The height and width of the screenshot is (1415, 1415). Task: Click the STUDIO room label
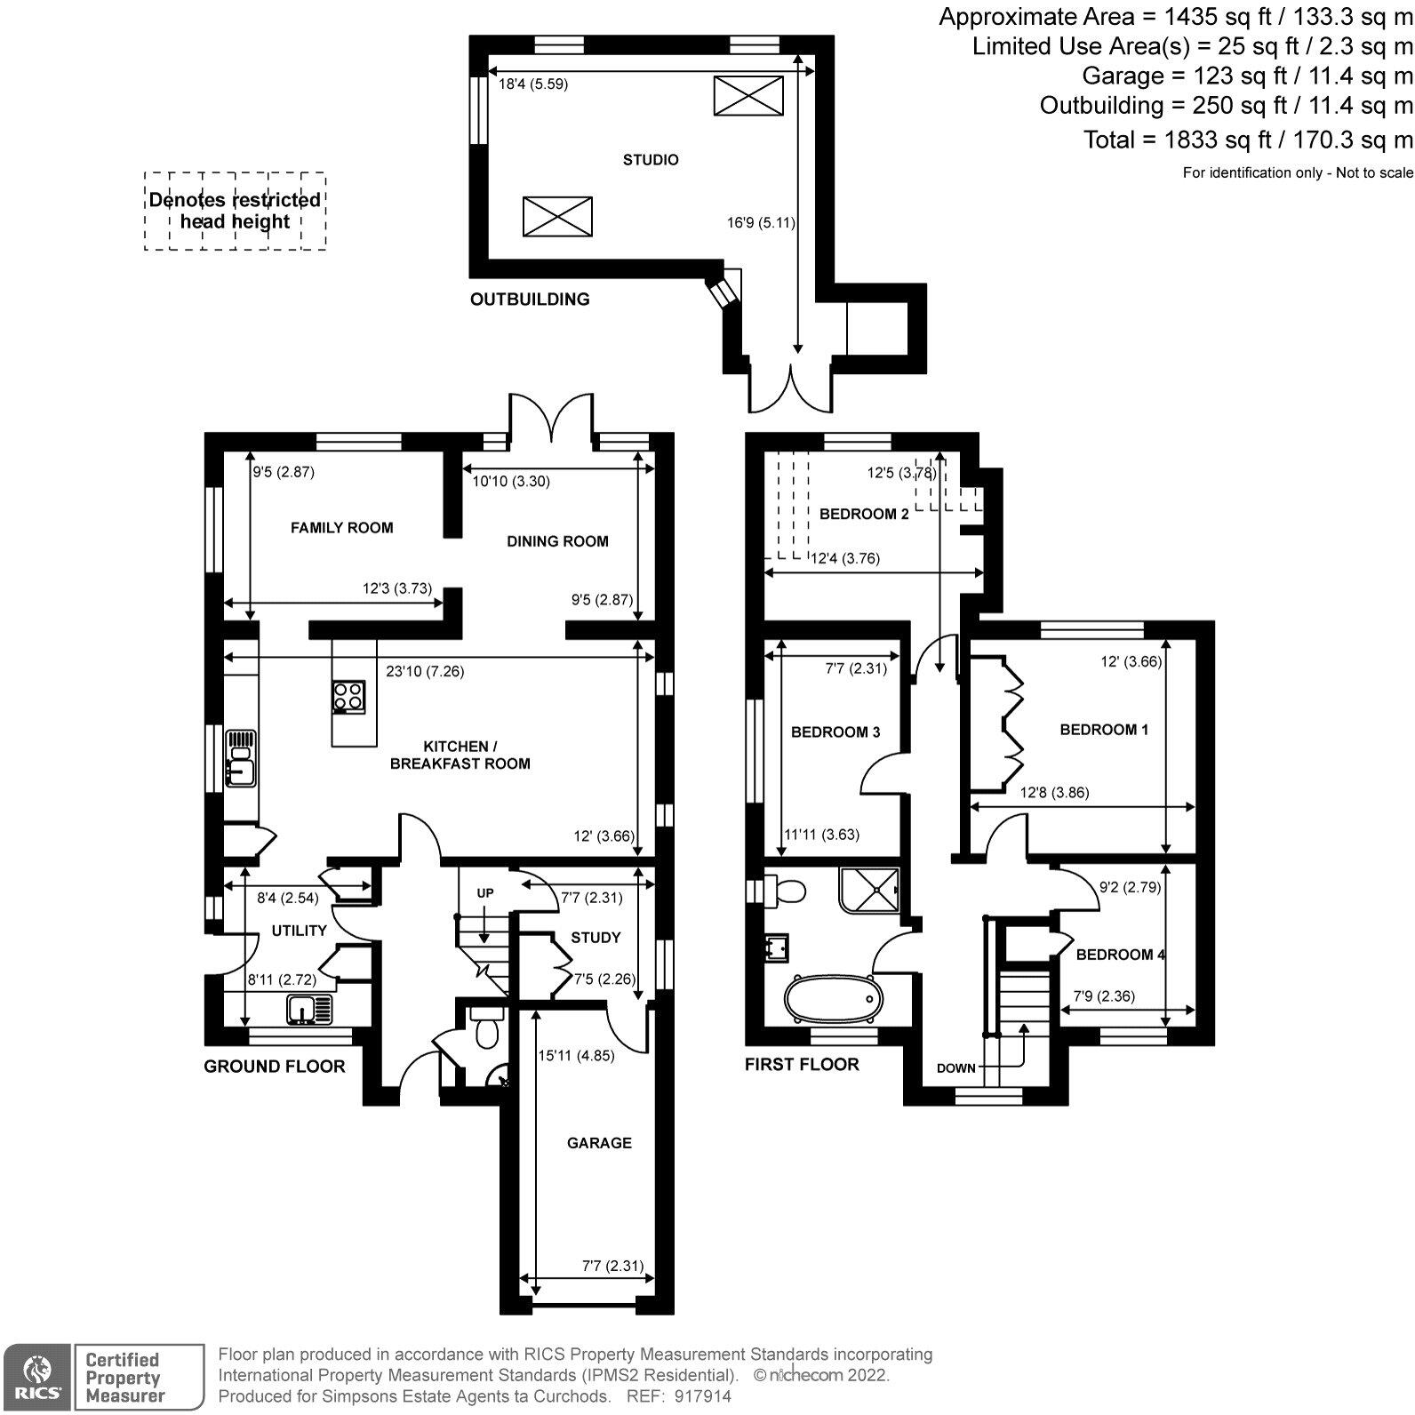click(651, 160)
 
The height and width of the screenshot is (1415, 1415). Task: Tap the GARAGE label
click(599, 1143)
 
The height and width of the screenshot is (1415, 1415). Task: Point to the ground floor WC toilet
click(485, 1031)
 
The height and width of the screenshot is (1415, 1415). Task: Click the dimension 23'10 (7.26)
click(424, 672)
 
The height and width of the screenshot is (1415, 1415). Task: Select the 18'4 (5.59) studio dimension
click(532, 85)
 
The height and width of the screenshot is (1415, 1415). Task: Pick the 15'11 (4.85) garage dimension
click(576, 1056)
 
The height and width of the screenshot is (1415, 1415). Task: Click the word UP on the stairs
click(485, 892)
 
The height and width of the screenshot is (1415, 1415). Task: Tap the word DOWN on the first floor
click(956, 1067)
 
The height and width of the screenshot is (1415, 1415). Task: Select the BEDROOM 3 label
click(835, 732)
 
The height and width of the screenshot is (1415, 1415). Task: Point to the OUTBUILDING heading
click(530, 300)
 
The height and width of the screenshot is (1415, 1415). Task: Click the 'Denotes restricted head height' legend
click(235, 212)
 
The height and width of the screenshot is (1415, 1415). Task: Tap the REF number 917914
click(702, 1396)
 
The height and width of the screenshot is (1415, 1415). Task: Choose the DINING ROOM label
click(557, 541)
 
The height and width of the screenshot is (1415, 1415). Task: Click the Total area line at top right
click(1247, 140)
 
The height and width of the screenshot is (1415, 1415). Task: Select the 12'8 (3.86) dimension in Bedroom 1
click(1054, 793)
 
